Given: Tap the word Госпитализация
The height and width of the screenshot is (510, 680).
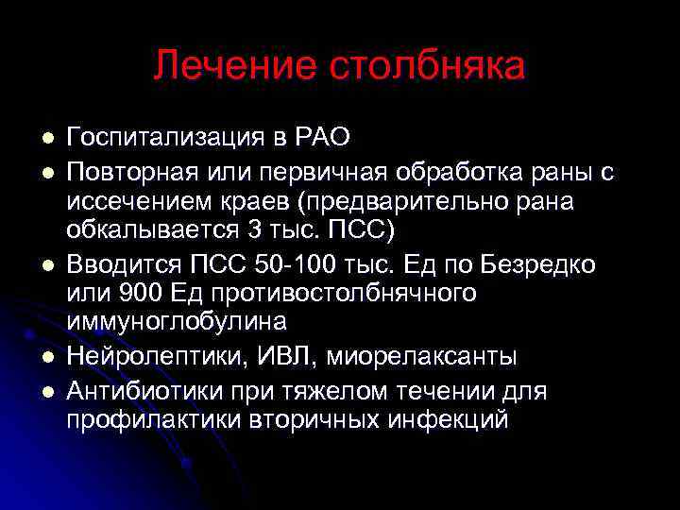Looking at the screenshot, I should click(166, 138).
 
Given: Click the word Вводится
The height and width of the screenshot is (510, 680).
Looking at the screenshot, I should click(112, 263).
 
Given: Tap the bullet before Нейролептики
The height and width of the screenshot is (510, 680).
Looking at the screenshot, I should click(45, 357).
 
